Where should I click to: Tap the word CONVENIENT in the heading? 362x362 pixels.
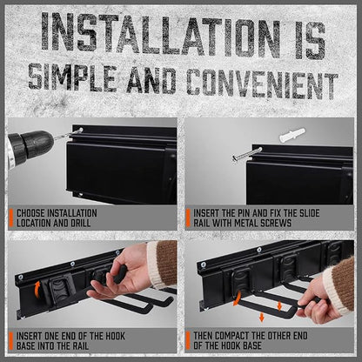tap(262, 83)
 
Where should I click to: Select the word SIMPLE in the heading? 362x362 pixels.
tap(73, 77)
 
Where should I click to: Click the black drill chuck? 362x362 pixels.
tap(32, 144)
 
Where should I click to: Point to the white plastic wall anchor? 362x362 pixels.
tap(292, 135)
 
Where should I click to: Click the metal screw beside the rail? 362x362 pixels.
tap(247, 154)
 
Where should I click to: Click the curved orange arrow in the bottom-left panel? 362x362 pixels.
tap(37, 288)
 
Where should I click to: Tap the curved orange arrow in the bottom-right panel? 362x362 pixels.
tap(238, 298)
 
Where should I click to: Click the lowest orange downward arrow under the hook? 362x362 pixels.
tap(262, 317)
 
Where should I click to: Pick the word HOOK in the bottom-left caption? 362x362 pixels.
tap(115, 336)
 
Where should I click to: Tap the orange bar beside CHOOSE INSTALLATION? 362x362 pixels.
tap(11, 218)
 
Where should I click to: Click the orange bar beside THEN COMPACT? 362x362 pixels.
tap(188, 340)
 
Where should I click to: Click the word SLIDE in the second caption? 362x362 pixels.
tap(307, 213)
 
